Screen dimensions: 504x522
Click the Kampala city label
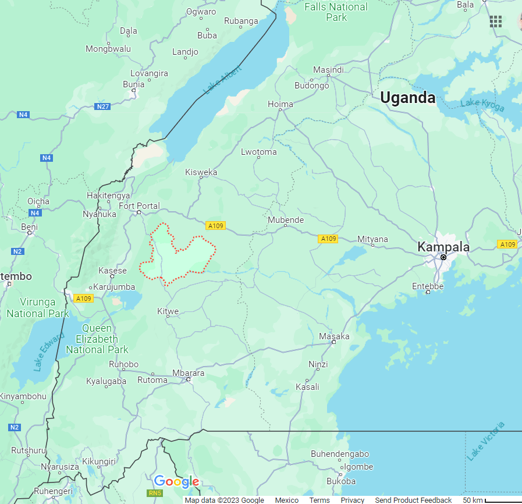pos(443,247)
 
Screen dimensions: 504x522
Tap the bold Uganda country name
pos(407,98)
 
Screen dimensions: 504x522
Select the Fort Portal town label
pos(139,206)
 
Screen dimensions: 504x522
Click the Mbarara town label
pos(188,373)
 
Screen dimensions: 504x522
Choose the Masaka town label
pos(334,336)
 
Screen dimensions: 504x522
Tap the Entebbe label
pos(428,286)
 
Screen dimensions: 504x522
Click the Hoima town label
pos(280,104)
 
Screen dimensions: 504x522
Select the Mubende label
pos(286,220)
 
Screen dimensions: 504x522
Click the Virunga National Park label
pos(38,308)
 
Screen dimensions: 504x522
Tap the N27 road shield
pos(103,107)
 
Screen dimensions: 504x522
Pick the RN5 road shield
pos(155,493)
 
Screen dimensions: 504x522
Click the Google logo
pos(176,482)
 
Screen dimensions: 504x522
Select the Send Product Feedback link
pos(413,500)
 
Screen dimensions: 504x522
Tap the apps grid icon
pos(495,22)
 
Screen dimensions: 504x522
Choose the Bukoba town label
pos(340,481)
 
